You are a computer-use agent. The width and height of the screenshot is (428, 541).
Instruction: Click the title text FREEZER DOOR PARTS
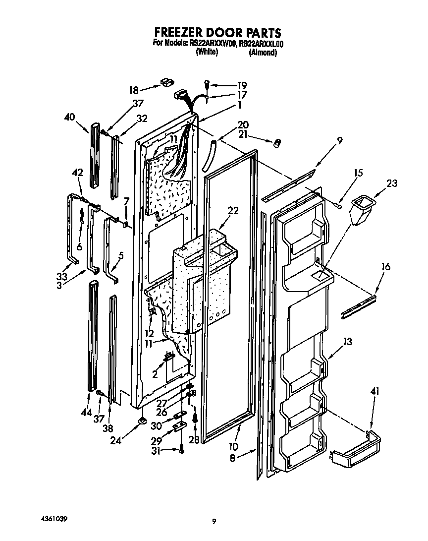pos(214,33)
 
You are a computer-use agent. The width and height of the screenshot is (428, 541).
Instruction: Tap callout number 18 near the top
pos(134,90)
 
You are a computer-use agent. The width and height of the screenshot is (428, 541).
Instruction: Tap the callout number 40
pos(70,118)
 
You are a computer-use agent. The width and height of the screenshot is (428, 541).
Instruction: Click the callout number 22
pos(233,211)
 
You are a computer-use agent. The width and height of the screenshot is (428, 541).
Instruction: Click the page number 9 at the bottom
pos(214,521)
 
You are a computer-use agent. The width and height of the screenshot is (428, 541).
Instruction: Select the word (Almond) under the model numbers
pos(263,52)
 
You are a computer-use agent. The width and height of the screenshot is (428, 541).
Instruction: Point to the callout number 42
pos(77,173)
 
